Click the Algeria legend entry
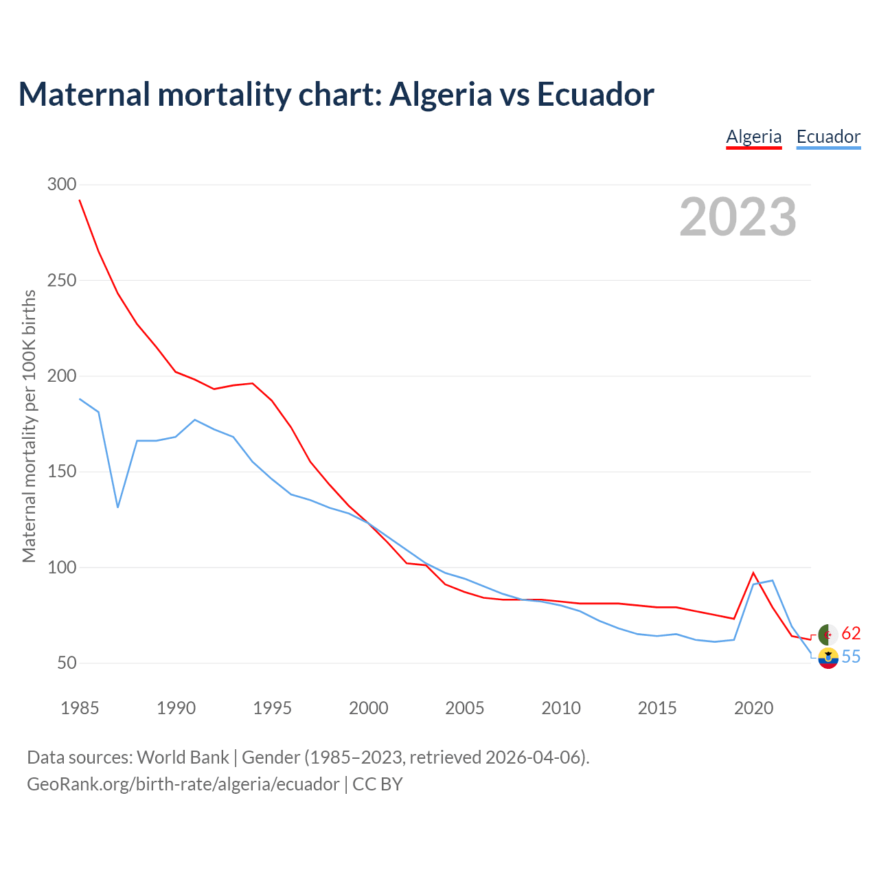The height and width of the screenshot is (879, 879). pos(754,137)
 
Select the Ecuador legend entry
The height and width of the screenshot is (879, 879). pos(828,137)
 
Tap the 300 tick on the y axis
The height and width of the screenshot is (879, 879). pos(62,185)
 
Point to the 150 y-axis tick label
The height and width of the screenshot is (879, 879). pos(62,472)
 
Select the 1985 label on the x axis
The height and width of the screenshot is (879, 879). pos(80,708)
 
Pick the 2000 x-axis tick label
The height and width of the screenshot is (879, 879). pos(369,708)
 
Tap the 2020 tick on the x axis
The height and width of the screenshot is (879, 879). pos(754,708)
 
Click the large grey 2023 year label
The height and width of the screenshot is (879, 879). pos(738,217)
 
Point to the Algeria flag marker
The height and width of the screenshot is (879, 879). pos(828,635)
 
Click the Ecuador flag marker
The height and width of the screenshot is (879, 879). pos(828,658)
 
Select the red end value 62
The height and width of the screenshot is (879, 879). pos(852,633)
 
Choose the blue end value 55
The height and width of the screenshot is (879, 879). pos(852,657)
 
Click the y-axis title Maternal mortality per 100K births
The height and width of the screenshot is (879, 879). pos(29,426)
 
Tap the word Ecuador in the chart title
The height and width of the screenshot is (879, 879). pos(595,94)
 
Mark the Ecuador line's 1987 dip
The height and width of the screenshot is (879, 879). pos(118,507)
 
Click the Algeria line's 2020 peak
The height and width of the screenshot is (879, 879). pos(753,573)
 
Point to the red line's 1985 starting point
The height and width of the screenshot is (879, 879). pos(80,201)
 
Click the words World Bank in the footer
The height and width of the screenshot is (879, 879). pos(183,757)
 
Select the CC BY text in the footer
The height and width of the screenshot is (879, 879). pos(378,784)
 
